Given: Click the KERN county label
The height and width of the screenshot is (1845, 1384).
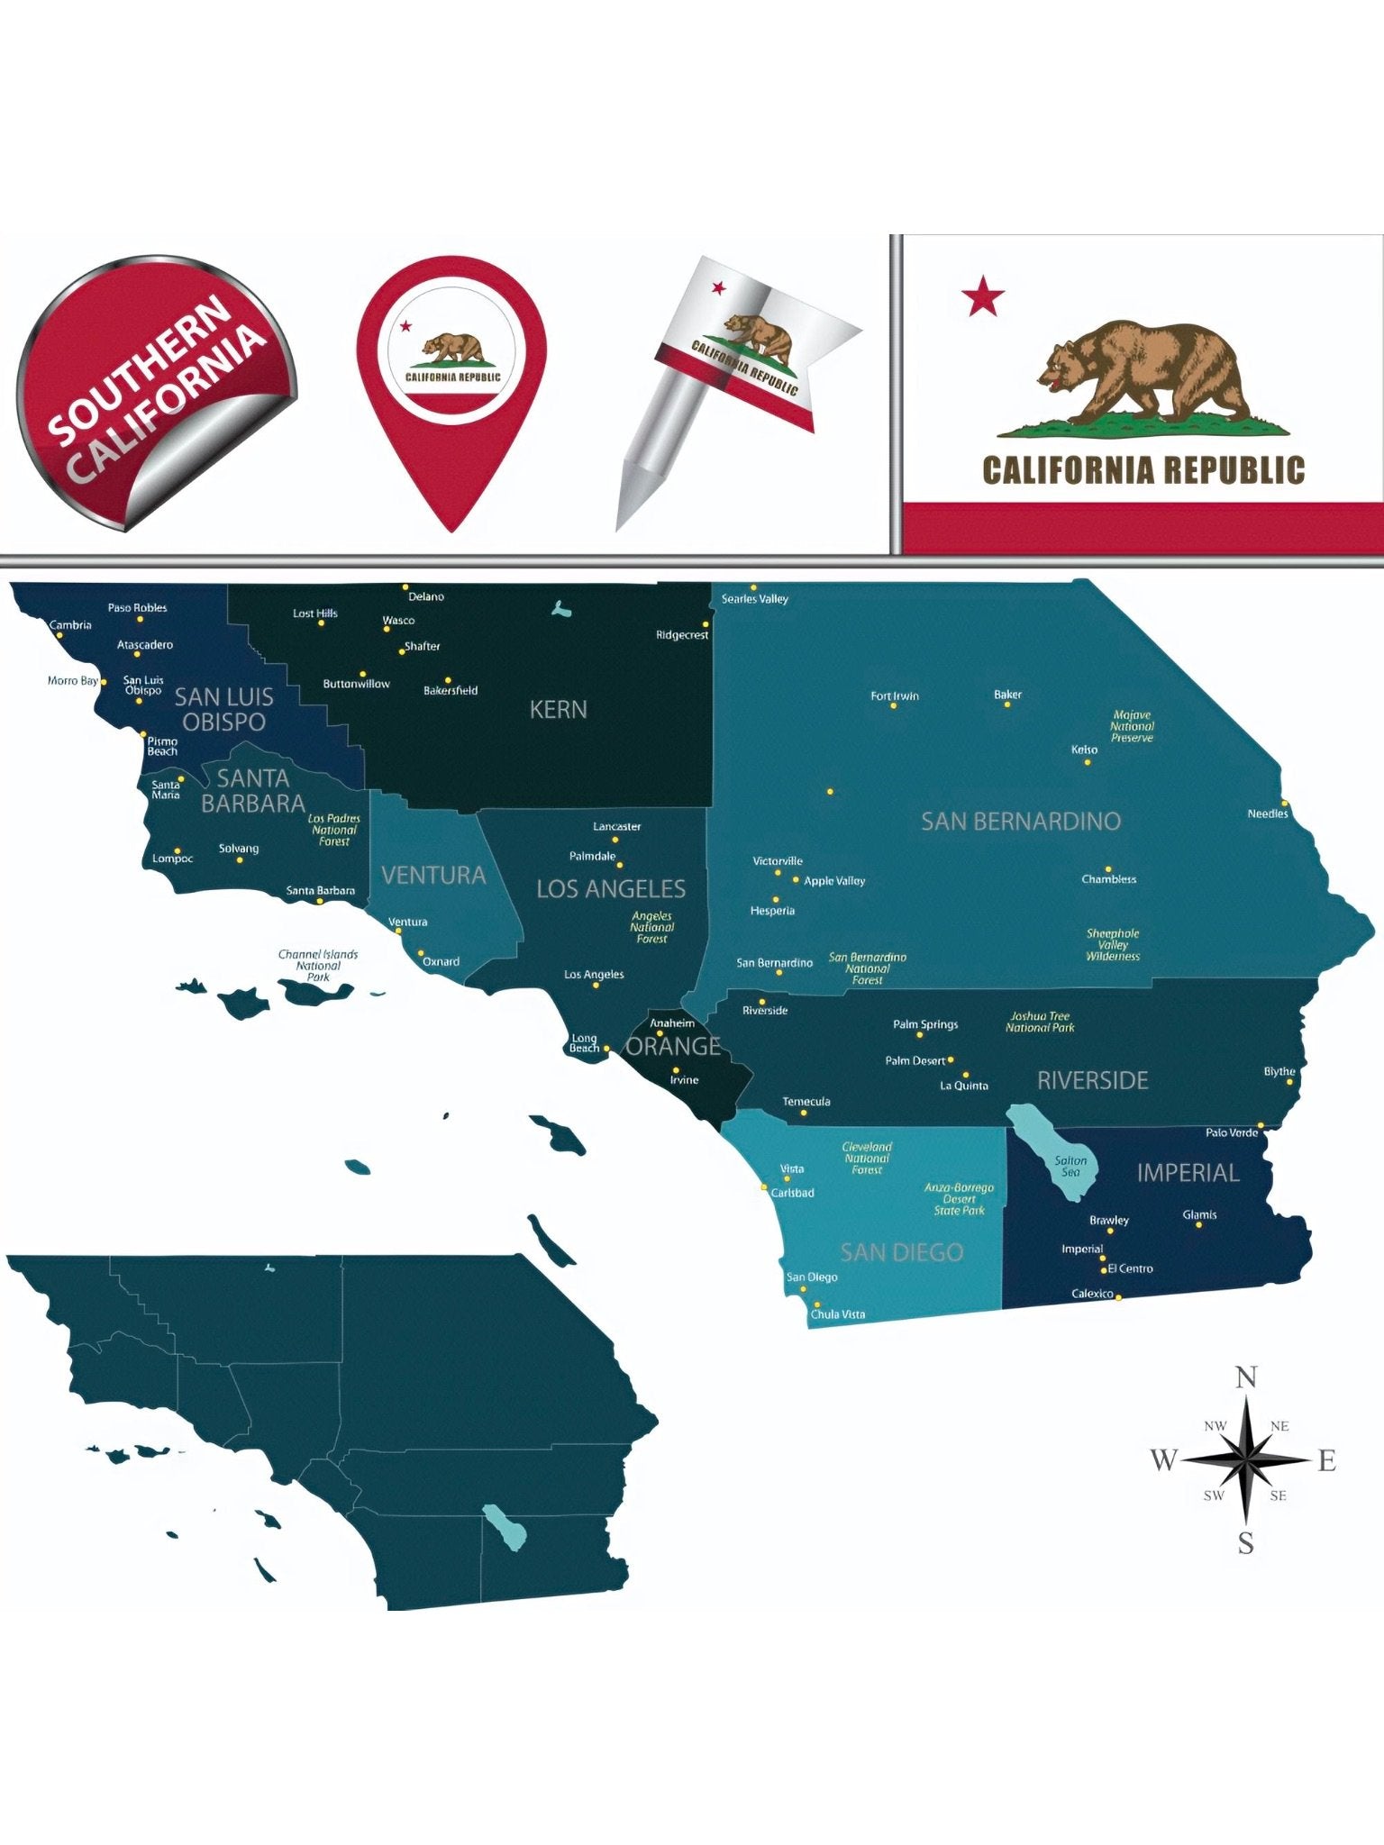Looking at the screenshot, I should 558,710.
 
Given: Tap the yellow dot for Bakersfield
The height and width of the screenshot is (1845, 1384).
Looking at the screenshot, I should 448,680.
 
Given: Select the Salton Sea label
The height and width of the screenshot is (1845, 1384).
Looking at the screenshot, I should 1070,1167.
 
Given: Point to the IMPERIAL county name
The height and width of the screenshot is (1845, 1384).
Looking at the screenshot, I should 1188,1173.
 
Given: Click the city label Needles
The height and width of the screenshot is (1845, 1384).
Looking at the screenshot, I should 1267,814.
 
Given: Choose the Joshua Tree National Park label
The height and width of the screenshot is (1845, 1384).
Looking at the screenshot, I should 1040,1022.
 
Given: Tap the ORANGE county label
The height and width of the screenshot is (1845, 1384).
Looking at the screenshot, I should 673,1047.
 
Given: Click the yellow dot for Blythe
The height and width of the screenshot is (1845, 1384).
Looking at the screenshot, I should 1296,1084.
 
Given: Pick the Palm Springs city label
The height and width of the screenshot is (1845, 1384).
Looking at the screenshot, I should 924,1024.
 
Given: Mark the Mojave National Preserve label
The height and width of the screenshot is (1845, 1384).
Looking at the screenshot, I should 1132,726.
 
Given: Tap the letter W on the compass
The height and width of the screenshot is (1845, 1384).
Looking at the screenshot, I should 1163,1459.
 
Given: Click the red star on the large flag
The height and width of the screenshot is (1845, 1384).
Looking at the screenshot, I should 982,296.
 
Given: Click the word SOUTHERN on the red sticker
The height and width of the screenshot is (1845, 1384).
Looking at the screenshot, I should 137,371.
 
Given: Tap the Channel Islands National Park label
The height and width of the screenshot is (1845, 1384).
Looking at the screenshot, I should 318,965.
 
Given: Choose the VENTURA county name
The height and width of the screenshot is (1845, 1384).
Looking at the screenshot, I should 433,875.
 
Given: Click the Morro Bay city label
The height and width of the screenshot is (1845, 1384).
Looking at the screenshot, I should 72,681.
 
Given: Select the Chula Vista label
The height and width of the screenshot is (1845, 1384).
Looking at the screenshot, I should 837,1314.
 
